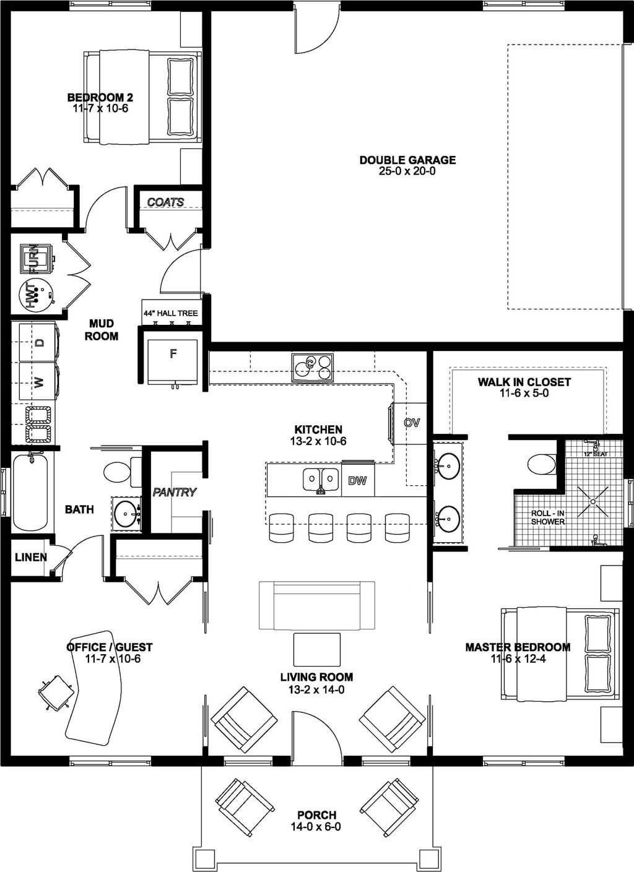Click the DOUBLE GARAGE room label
(x=407, y=160)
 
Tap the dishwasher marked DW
(x=358, y=480)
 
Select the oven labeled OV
(x=411, y=423)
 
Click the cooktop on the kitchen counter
(x=312, y=368)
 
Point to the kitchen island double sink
(x=321, y=480)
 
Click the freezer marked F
(x=173, y=362)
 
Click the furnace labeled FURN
(x=36, y=257)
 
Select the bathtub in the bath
(x=30, y=492)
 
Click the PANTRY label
(x=175, y=493)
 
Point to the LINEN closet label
(x=31, y=558)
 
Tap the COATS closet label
(x=165, y=202)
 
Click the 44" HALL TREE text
(x=170, y=313)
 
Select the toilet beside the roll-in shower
(x=541, y=464)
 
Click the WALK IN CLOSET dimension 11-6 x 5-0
(x=524, y=393)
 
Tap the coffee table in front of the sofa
(x=316, y=649)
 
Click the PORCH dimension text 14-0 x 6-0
(x=316, y=827)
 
